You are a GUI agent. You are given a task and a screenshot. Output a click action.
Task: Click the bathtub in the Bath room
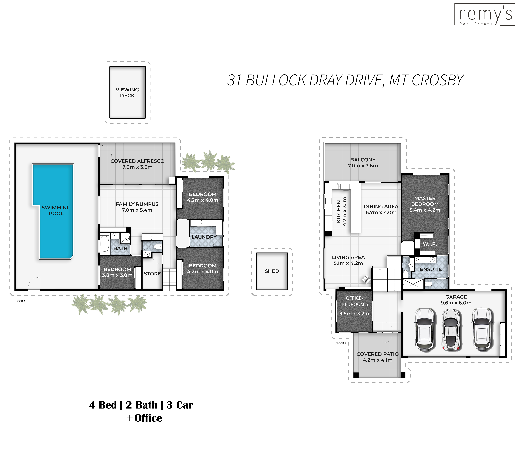point(105,243)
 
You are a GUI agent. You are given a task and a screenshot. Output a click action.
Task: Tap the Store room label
point(152,274)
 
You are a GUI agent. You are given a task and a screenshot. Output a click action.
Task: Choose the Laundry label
point(204,237)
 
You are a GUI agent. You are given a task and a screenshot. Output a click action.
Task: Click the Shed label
point(272,271)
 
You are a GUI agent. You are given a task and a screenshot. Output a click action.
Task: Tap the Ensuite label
point(431,269)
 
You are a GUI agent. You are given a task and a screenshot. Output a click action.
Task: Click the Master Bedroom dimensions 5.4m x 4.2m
point(425,210)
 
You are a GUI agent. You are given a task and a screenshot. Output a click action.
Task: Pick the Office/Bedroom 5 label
point(354,301)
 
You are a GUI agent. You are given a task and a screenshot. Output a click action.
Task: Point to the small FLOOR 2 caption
point(341,343)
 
